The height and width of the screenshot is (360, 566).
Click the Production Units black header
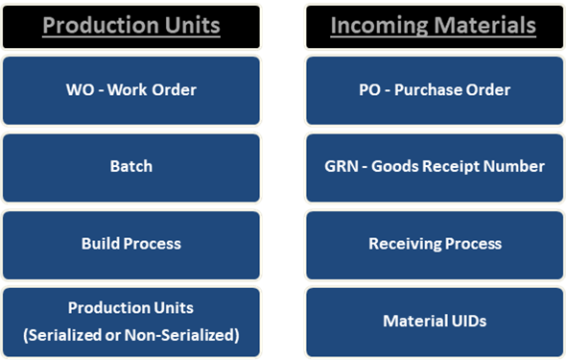[131, 26]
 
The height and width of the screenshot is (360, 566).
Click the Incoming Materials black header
[434, 26]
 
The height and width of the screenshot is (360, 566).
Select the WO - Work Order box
[131, 90]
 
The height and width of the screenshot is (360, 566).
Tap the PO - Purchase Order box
[434, 90]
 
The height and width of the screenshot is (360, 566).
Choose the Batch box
[131, 167]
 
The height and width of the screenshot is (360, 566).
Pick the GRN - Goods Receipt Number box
[434, 167]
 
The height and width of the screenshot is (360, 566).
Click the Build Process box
[131, 244]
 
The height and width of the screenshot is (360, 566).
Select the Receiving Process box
[434, 244]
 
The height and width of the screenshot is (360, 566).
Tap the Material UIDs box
[434, 322]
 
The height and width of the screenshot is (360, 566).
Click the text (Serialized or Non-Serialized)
[131, 335]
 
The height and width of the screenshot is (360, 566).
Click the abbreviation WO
[79, 90]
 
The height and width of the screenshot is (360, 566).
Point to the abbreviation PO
[368, 90]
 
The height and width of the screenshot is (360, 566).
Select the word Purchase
[426, 90]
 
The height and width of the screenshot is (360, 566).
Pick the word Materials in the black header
[484, 26]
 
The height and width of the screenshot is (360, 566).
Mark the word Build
[100, 244]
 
